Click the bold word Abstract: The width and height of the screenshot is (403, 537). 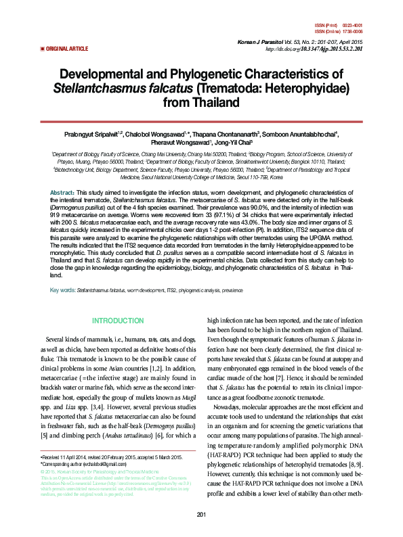[63, 193]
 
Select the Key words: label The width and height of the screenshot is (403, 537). [63, 290]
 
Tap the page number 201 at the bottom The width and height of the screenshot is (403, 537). [201, 516]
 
